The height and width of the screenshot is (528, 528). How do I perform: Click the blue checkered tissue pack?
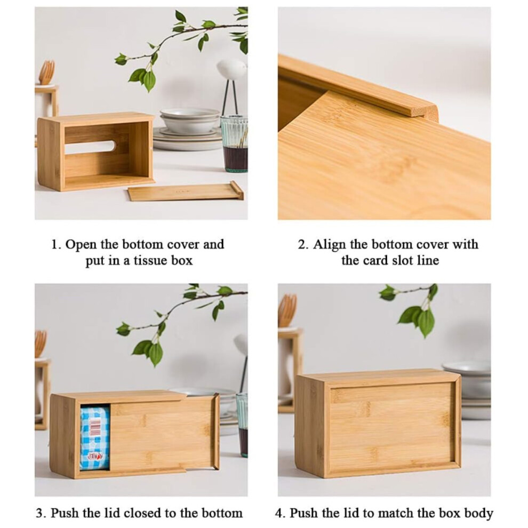click(95, 438)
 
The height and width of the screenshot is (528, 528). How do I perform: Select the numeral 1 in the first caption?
click(55, 244)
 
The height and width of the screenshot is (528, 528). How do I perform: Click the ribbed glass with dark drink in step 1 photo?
click(234, 144)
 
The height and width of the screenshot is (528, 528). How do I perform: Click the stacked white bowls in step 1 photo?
click(189, 120)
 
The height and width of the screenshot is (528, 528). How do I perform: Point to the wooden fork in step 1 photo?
click(46, 73)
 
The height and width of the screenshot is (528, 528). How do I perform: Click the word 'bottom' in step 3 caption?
click(222, 513)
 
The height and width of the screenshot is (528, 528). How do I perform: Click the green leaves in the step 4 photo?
click(416, 309)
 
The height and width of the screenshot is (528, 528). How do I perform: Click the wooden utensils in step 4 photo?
click(287, 310)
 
